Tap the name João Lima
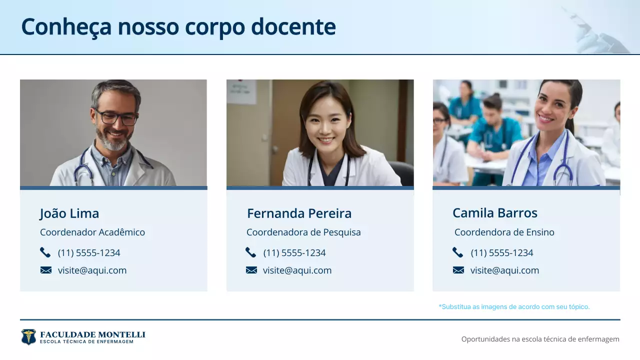69,213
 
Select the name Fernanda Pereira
299,213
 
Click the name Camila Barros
494,213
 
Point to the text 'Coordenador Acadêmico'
92,232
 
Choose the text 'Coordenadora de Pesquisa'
303,232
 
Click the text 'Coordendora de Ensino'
504,232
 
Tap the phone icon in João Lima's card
45,252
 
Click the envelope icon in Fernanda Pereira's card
251,270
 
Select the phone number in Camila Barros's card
501,253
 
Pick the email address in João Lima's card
92,270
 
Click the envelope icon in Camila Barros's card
458,270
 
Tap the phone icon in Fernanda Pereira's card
251,252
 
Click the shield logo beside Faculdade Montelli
28,337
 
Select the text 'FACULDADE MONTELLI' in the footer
92,334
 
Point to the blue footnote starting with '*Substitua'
514,306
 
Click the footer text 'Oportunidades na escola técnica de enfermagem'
540,339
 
